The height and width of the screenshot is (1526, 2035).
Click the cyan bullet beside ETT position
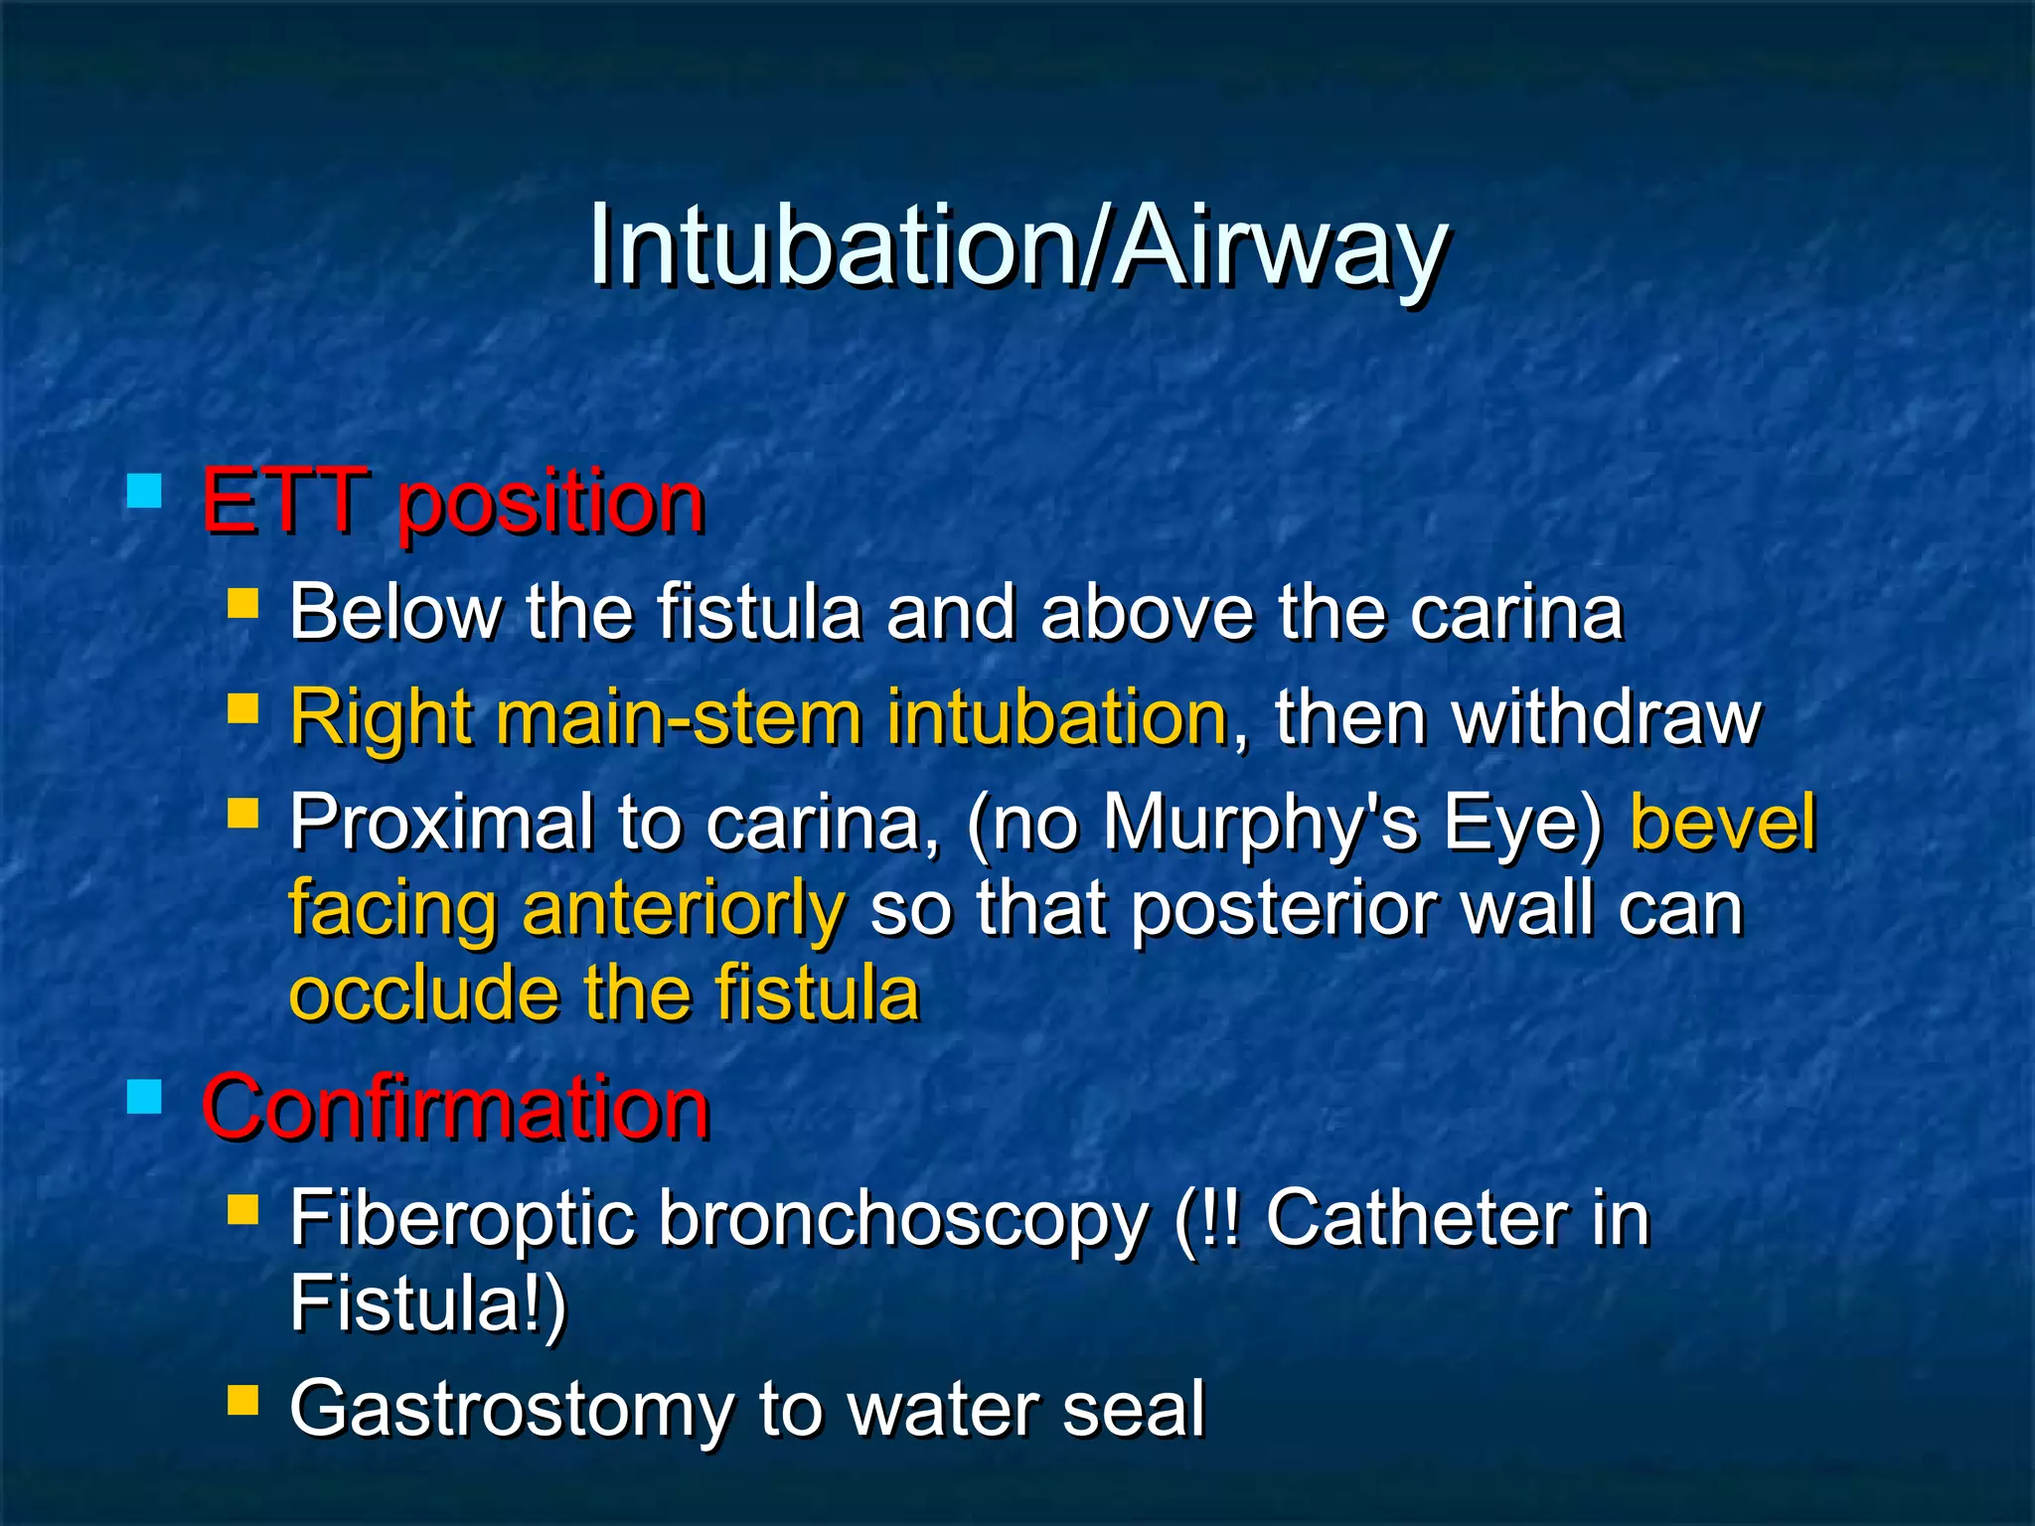145,491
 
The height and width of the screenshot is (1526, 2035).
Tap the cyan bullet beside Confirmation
145,1097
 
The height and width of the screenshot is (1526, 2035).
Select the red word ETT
283,502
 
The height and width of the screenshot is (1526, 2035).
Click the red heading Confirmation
455,1108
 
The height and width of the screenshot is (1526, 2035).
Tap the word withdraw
1607,717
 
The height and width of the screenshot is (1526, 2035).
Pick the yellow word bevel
1722,823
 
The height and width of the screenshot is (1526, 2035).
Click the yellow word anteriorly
684,909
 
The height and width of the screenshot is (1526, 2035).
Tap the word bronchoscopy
902,1220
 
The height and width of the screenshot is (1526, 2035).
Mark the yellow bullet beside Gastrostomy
242,1400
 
